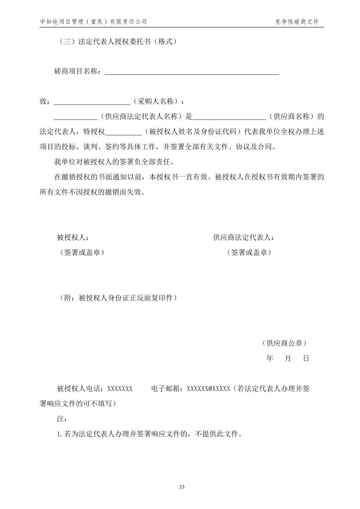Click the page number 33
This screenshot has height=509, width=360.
coord(182,487)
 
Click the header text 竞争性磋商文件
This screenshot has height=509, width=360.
coord(297,22)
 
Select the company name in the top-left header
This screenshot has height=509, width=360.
coord(94,22)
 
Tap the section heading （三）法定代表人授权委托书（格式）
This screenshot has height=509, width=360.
coord(117,42)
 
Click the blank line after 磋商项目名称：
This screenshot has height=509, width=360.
coord(192,72)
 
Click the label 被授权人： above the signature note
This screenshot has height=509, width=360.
coord(73,238)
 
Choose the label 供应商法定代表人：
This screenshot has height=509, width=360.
coord(243,238)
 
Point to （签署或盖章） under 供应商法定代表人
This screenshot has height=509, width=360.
coord(249,252)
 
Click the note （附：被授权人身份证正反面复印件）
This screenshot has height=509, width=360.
coord(117,298)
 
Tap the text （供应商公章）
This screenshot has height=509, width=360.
coord(284,343)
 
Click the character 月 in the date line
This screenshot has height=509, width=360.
coord(288,358)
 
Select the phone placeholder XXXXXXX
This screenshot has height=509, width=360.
coord(120,389)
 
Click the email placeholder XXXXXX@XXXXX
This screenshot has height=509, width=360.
coord(208,389)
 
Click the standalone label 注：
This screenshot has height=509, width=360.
coord(62,419)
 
